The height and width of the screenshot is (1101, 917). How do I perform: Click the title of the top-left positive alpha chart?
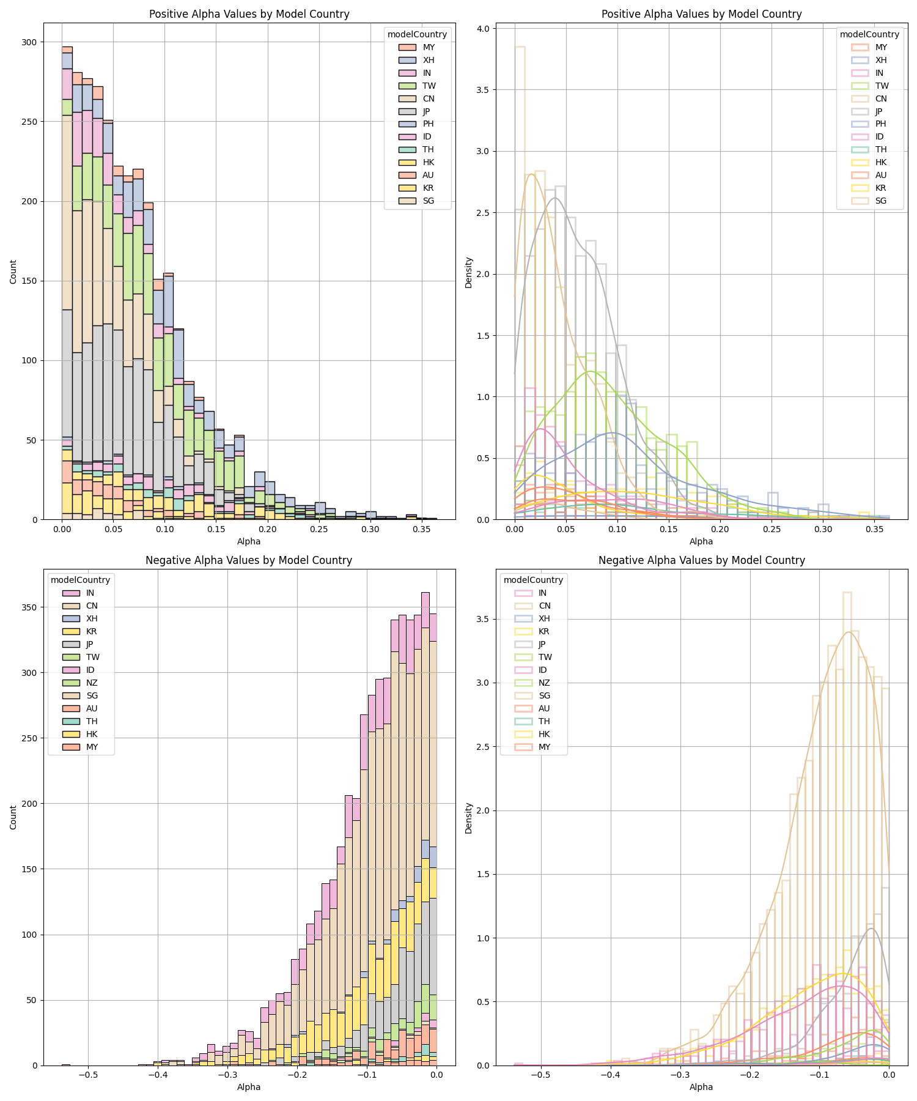coord(249,14)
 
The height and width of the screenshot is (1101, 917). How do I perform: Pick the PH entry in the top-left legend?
coord(429,124)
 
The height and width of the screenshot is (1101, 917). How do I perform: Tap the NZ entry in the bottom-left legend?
coord(92,683)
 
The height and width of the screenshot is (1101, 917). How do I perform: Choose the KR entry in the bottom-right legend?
coord(544,631)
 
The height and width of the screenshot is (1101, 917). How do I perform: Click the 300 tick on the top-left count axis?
coord(30,42)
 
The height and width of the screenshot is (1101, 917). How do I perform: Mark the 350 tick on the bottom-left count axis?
coord(30,607)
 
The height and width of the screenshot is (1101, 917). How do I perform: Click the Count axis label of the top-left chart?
coord(13,272)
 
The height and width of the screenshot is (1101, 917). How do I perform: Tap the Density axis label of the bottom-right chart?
coord(468,818)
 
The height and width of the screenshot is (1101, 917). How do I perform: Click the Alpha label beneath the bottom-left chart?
coord(249,1087)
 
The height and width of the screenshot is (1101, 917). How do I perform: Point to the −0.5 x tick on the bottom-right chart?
coord(540,1075)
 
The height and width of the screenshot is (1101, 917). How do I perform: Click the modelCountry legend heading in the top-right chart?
coord(869,34)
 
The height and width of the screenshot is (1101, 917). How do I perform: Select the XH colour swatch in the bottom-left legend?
coord(72,618)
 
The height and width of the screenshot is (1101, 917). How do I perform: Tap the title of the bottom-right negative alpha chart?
coord(701,560)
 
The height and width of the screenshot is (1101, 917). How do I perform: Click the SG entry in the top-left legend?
coord(429,201)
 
